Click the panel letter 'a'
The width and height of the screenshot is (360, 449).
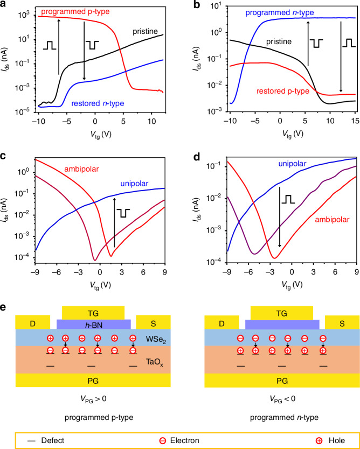pos(4,5)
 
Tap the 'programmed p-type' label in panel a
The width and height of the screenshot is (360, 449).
pos(75,12)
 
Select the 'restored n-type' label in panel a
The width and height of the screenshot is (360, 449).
pos(98,103)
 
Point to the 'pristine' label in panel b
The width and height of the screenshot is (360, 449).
pos(279,42)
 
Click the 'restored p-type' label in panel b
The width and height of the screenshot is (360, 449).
pos(282,92)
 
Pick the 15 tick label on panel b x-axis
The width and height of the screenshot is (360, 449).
pos(355,121)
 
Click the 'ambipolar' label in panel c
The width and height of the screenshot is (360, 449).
pos(81,169)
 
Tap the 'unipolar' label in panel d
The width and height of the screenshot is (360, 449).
pos(292,164)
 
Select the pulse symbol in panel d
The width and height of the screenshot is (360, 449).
pos(288,199)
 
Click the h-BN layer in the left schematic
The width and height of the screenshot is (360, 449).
pos(94,325)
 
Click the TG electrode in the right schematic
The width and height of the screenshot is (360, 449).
pos(282,313)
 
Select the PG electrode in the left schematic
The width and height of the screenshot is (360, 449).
pos(93,380)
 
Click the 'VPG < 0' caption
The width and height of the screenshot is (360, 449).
pos(282,399)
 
